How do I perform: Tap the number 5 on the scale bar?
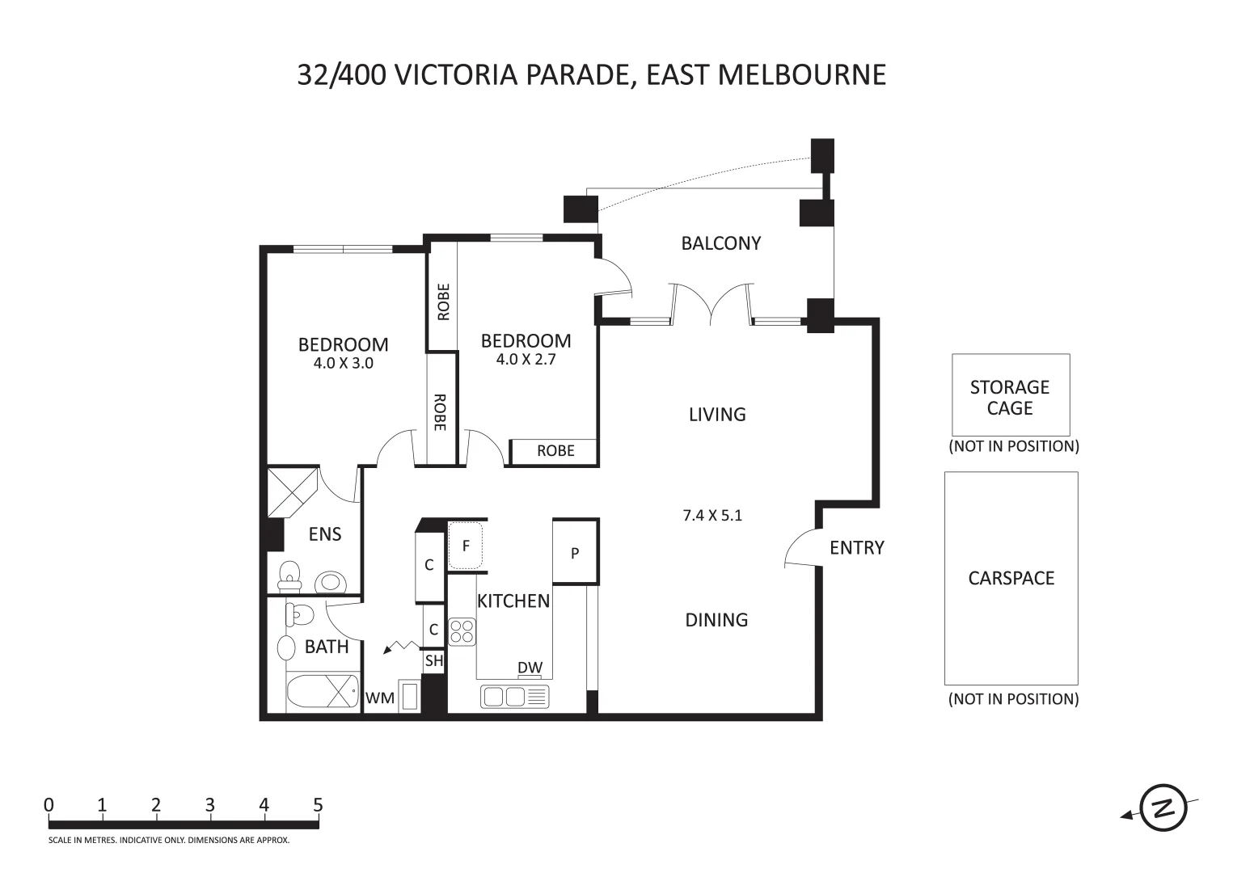pyautogui.click(x=318, y=805)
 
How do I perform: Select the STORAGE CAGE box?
pyautogui.click(x=1011, y=395)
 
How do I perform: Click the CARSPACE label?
pyautogui.click(x=1011, y=578)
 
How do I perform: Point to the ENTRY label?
pyautogui.click(x=856, y=548)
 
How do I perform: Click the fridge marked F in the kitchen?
pyautogui.click(x=466, y=546)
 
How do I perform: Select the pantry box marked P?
pyautogui.click(x=575, y=553)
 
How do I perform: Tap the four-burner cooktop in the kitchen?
pyautogui.click(x=462, y=631)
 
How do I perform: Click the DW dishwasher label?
pyautogui.click(x=530, y=668)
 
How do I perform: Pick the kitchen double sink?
pyautogui.click(x=514, y=696)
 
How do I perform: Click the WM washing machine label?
pyautogui.click(x=379, y=698)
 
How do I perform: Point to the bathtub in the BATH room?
pyautogui.click(x=323, y=692)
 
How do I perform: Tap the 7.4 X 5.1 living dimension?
pyautogui.click(x=712, y=515)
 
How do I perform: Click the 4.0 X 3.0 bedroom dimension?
pyautogui.click(x=343, y=364)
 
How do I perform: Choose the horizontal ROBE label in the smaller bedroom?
pyautogui.click(x=555, y=451)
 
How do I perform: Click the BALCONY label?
pyautogui.click(x=720, y=243)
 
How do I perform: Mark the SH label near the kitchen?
pyautogui.click(x=434, y=660)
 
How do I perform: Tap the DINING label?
pyautogui.click(x=716, y=620)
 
